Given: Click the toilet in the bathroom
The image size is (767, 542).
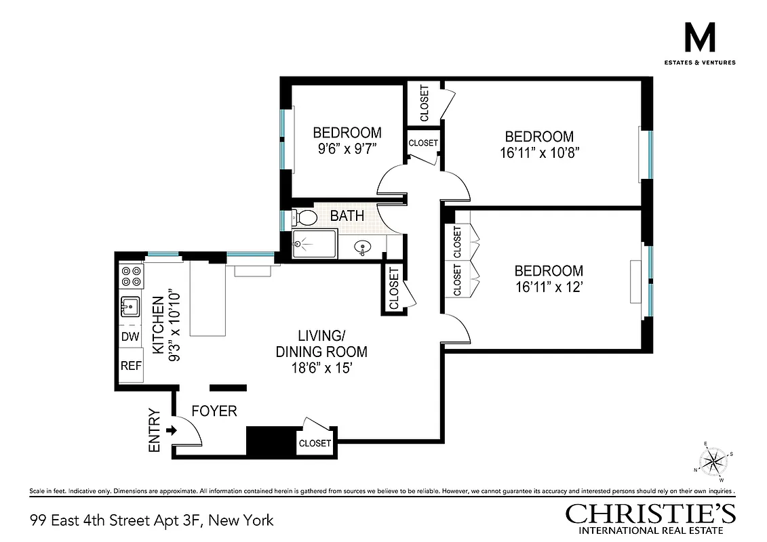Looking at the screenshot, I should pos(306,217).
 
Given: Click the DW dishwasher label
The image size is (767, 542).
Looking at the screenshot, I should pos(130,336).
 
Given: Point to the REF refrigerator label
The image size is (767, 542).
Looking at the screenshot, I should pos(131,366).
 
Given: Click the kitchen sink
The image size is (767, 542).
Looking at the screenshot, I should pos(130,307).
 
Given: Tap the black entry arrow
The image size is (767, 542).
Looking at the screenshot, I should pos(170,430).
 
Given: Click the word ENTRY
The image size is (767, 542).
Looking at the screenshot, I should pos(154,430).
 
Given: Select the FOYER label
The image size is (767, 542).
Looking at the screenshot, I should pos(214,411).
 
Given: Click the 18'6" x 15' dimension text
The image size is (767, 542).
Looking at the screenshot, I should pos(321,369).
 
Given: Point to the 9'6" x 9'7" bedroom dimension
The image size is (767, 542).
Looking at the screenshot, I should pos(347,149).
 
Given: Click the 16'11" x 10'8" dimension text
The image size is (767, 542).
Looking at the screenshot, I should pos(538,152).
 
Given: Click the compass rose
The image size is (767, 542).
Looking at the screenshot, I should pos(713,462).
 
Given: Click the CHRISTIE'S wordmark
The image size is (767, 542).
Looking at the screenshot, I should pos(650,514).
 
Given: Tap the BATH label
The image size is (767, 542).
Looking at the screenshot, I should pos(347,216).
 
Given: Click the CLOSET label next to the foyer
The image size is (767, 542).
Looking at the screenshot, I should pos(315,443).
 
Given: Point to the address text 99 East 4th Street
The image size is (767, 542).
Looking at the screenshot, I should pos(152,520).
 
